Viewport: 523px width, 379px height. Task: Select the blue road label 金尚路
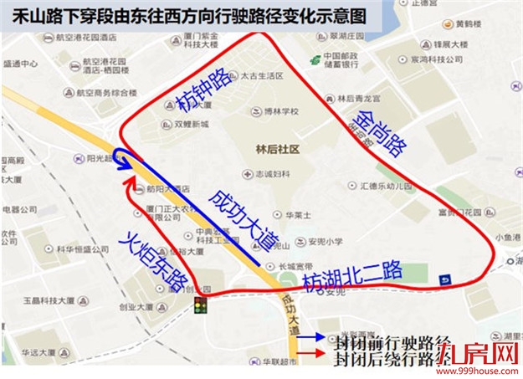(376, 133)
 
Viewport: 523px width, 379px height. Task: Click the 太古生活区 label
(258, 75)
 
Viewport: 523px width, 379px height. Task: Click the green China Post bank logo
(315, 59)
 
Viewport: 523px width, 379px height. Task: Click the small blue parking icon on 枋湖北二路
(445, 279)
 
